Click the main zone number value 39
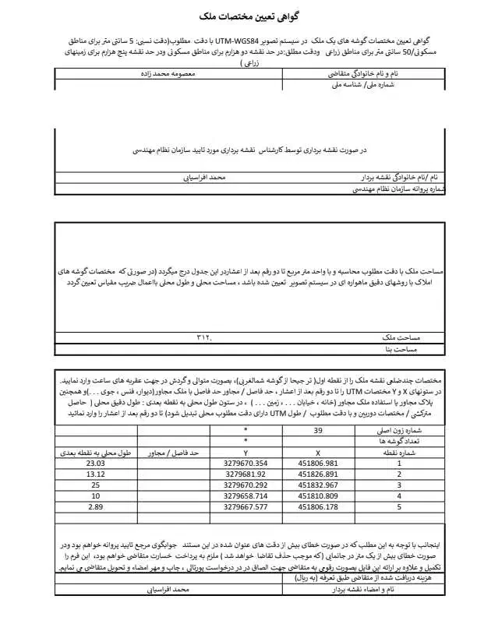318,430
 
